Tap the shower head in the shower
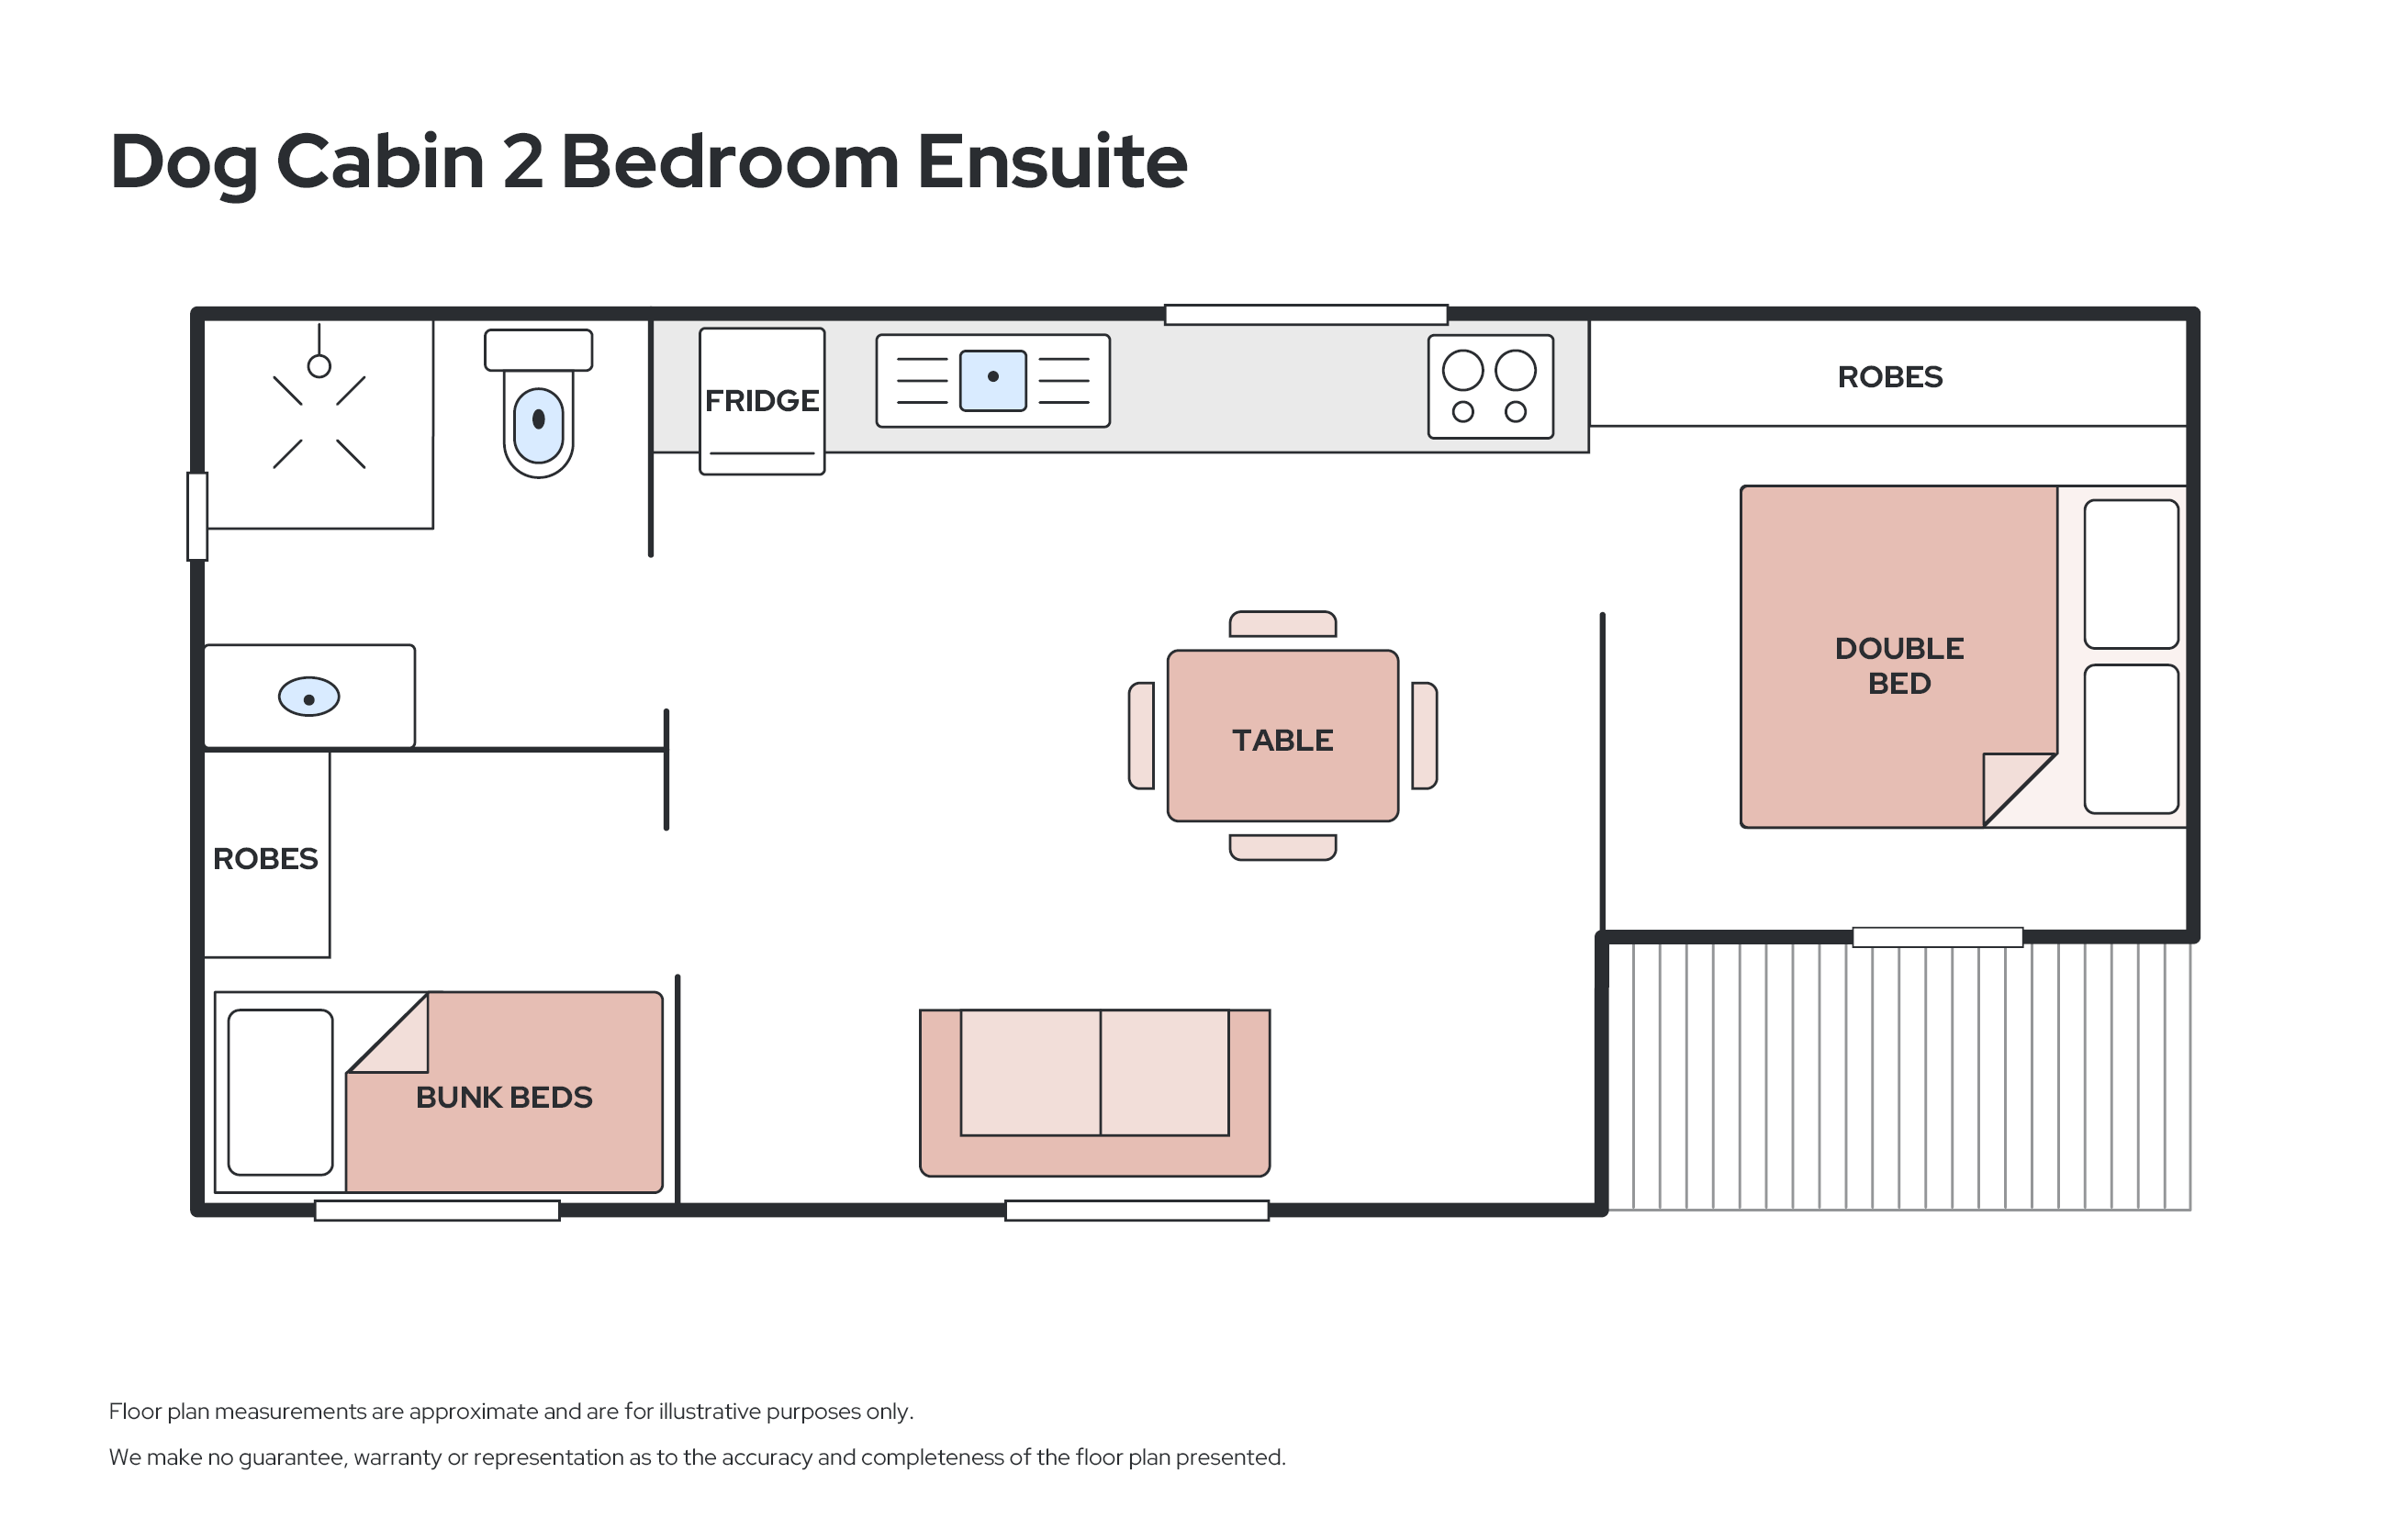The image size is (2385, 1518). click(319, 366)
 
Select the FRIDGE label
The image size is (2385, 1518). click(762, 400)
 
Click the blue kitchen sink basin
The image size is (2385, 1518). click(992, 380)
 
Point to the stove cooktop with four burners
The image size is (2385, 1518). click(1490, 386)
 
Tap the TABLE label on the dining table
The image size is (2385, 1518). click(1282, 740)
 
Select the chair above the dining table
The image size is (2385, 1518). click(1282, 624)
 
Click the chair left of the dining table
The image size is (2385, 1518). click(1142, 736)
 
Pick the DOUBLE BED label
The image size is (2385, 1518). click(1898, 665)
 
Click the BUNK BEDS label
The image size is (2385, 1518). click(504, 1097)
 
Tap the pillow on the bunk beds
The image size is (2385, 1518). click(280, 1092)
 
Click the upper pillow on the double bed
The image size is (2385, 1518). click(2132, 575)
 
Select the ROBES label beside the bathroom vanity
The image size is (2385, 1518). click(265, 858)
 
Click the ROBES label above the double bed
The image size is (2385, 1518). click(1890, 376)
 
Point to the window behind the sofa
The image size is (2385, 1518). click(1137, 1210)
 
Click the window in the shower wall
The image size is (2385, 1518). click(198, 517)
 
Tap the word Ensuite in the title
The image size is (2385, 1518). click(1052, 162)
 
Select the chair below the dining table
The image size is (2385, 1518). click(1282, 848)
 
